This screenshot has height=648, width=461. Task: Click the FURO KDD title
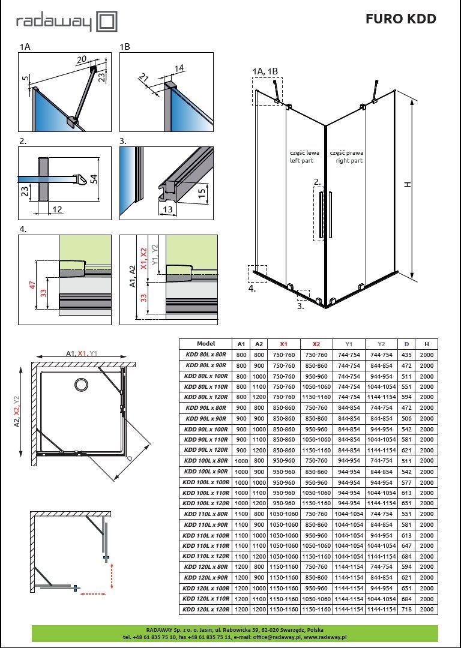tap(400, 19)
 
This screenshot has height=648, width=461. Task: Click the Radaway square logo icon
tap(107, 22)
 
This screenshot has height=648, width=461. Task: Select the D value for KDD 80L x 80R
tap(406, 355)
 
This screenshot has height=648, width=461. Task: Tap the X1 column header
tap(284, 344)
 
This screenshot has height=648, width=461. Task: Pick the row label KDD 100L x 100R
tap(206, 482)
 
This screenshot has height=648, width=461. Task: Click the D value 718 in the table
tap(406, 610)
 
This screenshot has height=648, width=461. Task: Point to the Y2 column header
tap(381, 344)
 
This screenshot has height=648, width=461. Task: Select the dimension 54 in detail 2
tap(95, 179)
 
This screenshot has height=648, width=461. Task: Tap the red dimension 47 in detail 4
tap(32, 285)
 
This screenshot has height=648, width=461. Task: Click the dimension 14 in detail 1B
tap(179, 68)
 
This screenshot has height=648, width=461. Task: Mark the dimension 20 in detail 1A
tap(82, 59)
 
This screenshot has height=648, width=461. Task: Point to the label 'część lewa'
tap(304, 152)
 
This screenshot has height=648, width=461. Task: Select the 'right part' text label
tap(349, 160)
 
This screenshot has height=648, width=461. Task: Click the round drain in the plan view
tap(81, 385)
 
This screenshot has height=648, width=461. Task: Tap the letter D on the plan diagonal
tap(129, 459)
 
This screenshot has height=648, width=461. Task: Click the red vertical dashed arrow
tap(111, 575)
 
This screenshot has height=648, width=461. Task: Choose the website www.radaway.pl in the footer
tap(325, 637)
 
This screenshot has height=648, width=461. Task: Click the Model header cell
tap(206, 343)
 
